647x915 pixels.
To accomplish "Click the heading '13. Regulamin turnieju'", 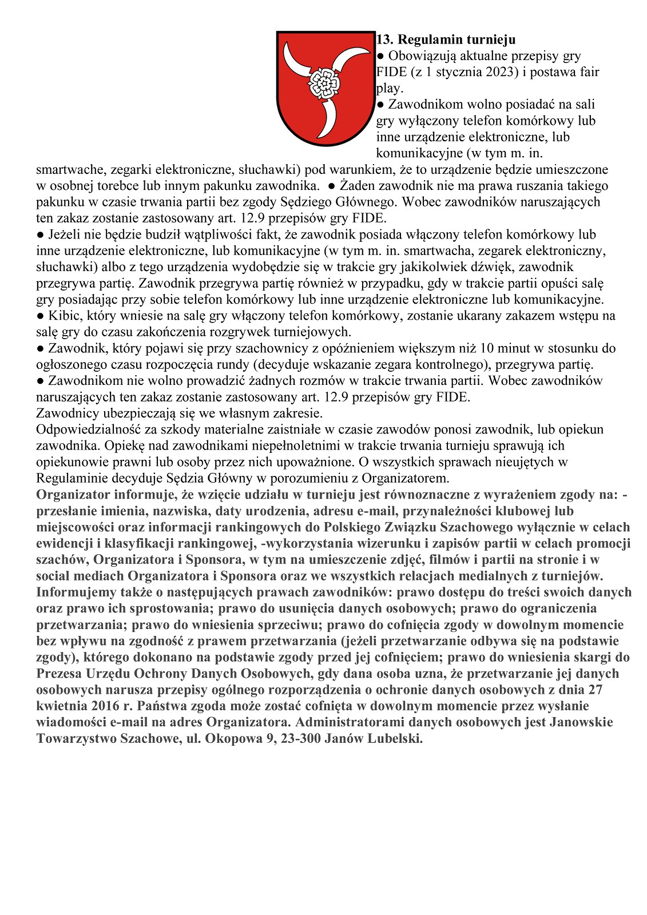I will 446,39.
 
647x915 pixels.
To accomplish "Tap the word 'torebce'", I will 113,186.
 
